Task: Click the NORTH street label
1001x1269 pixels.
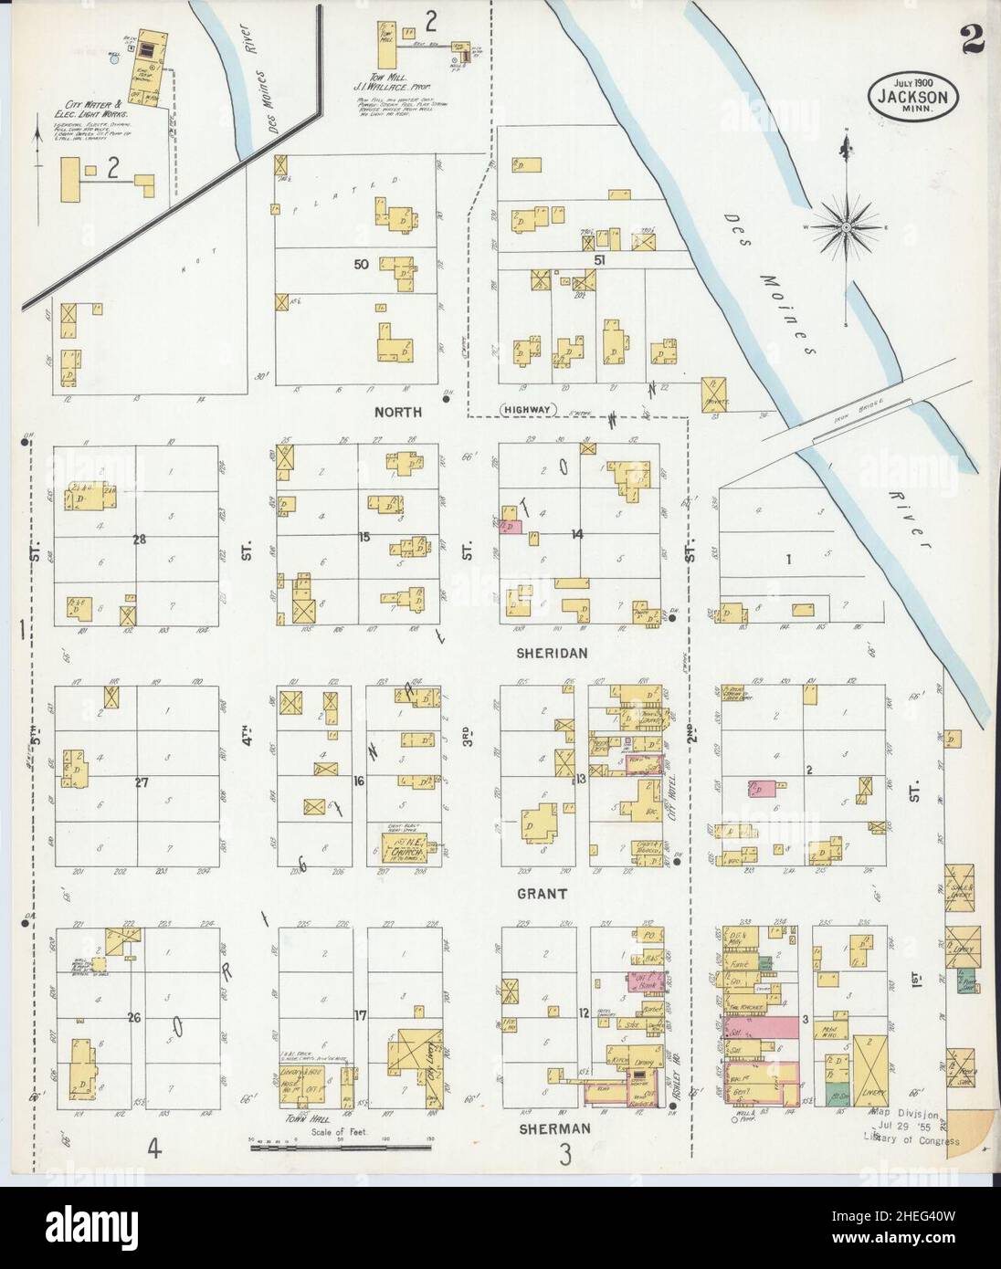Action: click(x=397, y=412)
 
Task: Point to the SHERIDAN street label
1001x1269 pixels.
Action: click(x=553, y=653)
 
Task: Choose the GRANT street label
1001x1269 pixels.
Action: click(x=546, y=894)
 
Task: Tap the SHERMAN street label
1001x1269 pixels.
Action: click(x=553, y=1128)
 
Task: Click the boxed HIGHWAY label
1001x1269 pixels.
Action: click(x=529, y=410)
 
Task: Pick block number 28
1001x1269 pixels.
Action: click(x=139, y=540)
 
